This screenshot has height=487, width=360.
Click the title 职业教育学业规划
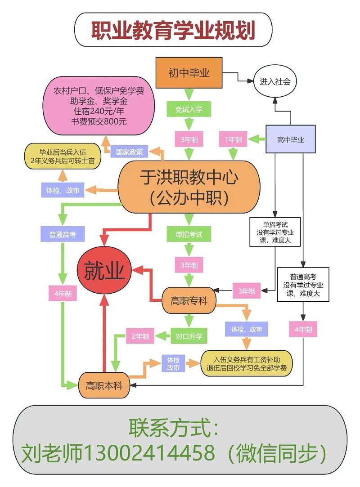click(173, 30)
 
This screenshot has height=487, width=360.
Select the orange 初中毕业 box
click(189, 73)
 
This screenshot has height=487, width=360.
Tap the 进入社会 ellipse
click(275, 82)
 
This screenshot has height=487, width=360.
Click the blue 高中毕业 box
click(290, 139)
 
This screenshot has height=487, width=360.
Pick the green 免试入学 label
click(189, 109)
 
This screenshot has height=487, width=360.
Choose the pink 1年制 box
click(233, 139)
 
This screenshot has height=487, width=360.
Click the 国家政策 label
click(129, 152)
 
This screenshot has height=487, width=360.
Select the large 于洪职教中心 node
click(189, 186)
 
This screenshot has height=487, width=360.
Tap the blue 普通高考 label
click(63, 234)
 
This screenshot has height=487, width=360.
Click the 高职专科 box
click(189, 301)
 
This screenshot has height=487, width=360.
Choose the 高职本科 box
click(104, 385)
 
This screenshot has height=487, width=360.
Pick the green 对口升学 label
click(189, 335)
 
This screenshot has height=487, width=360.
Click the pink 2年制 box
click(140, 335)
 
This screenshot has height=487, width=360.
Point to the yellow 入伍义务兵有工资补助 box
click(247, 363)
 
